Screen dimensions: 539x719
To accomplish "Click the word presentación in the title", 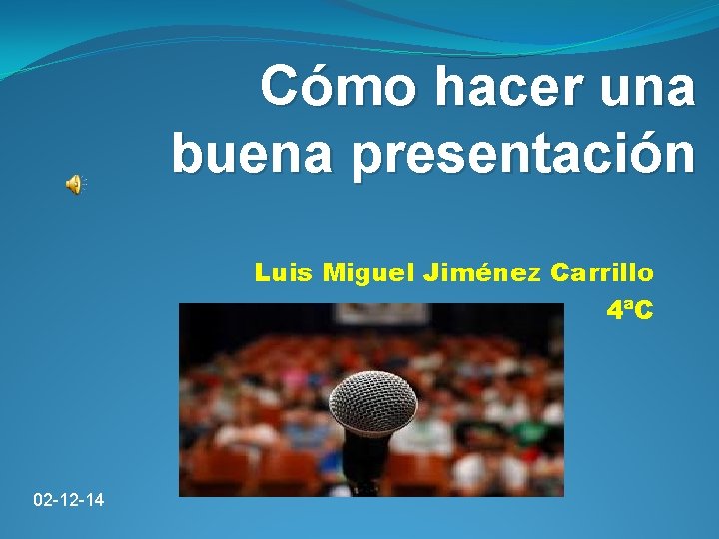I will point(528,156).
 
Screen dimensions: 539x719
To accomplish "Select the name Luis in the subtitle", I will point(284,271).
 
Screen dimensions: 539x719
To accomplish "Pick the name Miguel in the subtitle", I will point(369,272).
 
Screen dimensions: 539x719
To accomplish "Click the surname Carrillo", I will point(602,271).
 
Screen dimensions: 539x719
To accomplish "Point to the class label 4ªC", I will point(629,311).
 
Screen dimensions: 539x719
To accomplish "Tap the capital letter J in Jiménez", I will point(431,271).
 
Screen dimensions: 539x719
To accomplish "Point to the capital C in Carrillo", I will point(557,271).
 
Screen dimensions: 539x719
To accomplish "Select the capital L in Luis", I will point(262,271).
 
